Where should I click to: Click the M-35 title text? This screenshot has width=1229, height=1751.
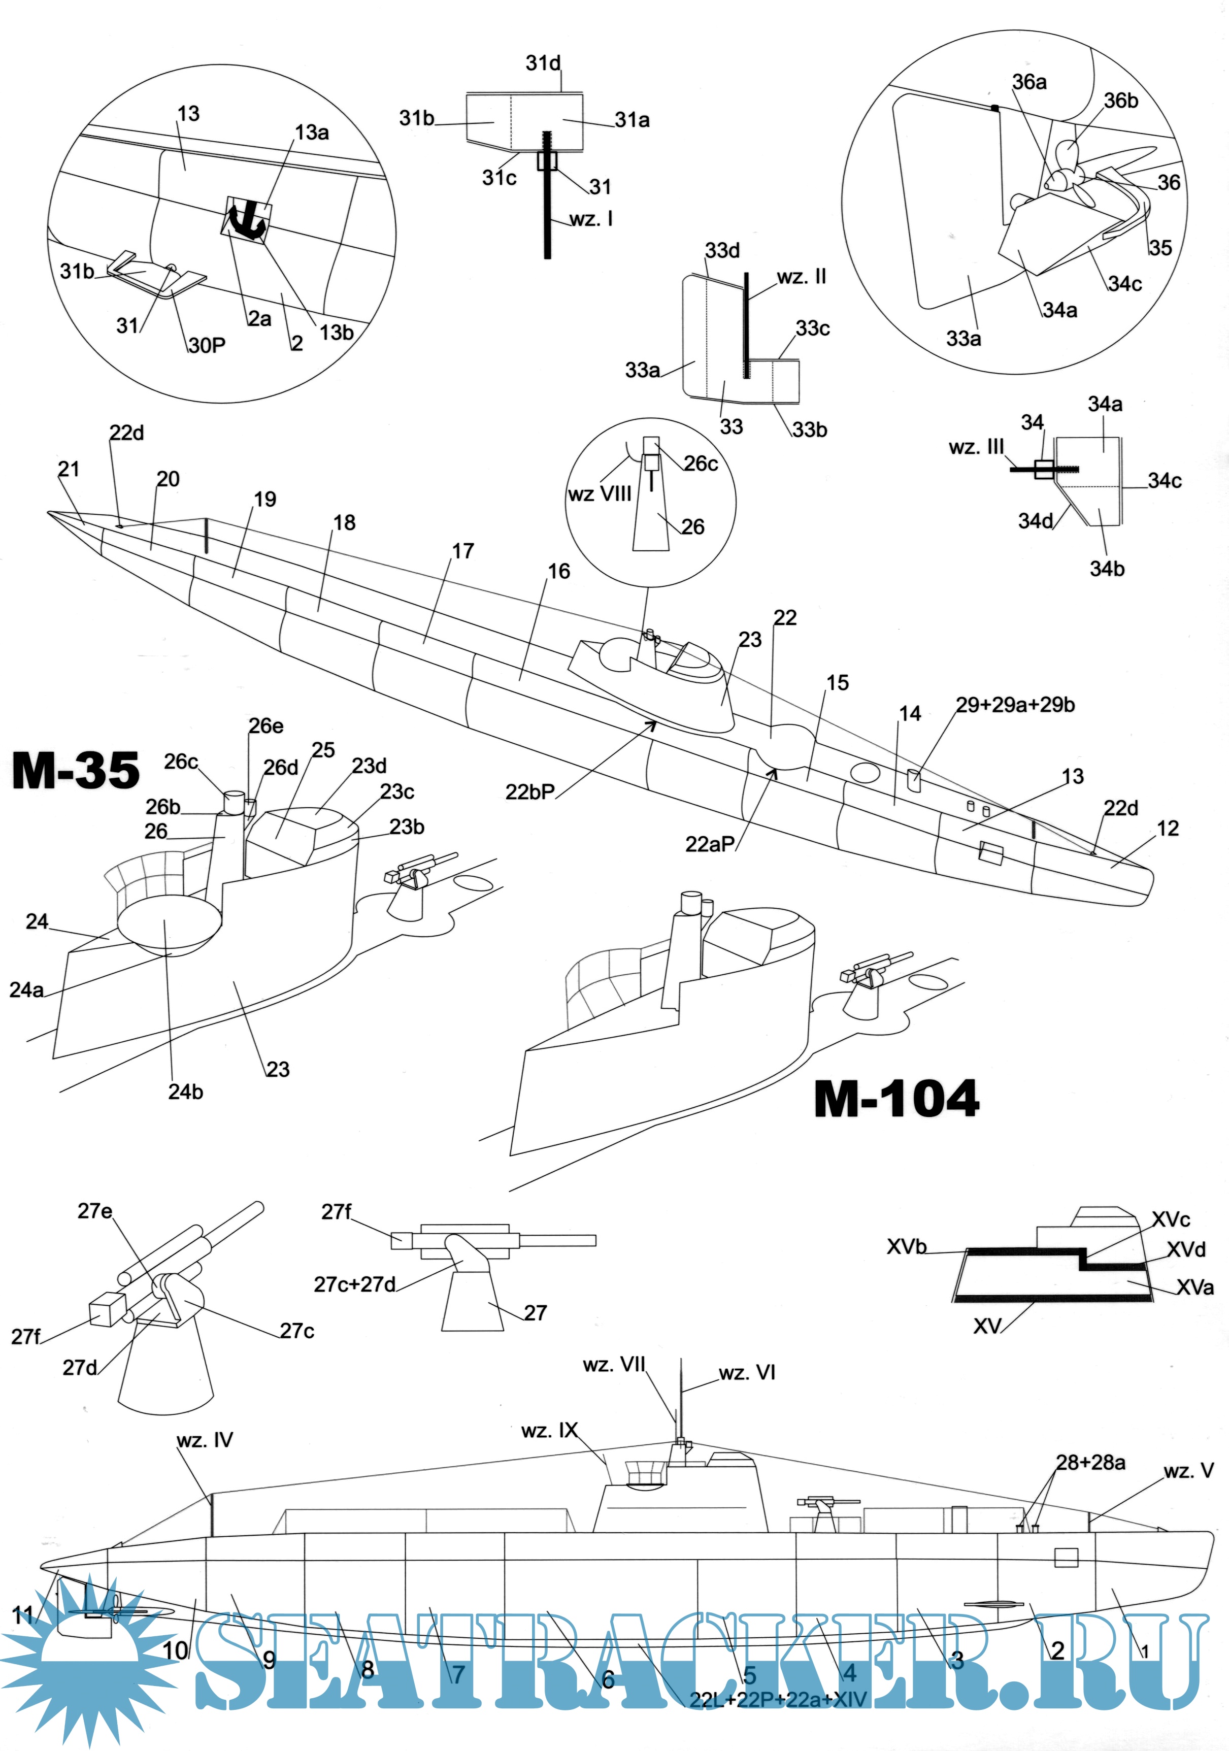click(76, 770)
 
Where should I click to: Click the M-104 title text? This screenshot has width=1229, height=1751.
click(896, 1099)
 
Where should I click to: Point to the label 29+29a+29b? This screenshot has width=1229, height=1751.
click(1015, 705)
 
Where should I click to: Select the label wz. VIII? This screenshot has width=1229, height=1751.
click(599, 494)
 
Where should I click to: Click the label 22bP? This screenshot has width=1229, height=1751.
click(530, 792)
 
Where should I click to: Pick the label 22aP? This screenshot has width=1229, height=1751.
click(710, 844)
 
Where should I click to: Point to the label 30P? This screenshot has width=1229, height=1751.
click(207, 345)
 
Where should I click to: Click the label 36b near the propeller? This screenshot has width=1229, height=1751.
click(1121, 101)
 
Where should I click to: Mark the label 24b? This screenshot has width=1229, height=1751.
click(185, 1092)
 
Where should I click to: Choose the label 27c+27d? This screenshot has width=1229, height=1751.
click(354, 1284)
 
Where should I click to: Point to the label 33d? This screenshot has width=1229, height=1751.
click(722, 251)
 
